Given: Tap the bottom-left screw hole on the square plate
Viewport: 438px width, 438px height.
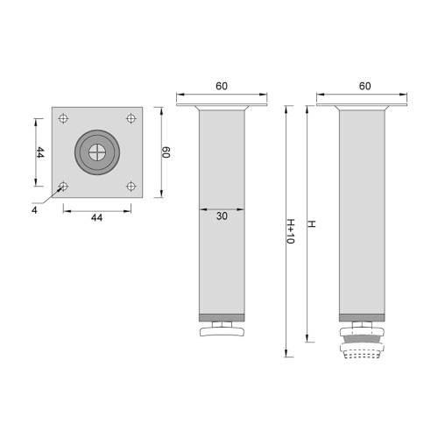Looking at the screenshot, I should tap(64, 185).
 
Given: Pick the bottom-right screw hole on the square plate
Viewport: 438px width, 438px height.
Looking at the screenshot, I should tap(131, 185).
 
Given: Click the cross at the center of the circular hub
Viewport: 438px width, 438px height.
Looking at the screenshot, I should tap(97, 152).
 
